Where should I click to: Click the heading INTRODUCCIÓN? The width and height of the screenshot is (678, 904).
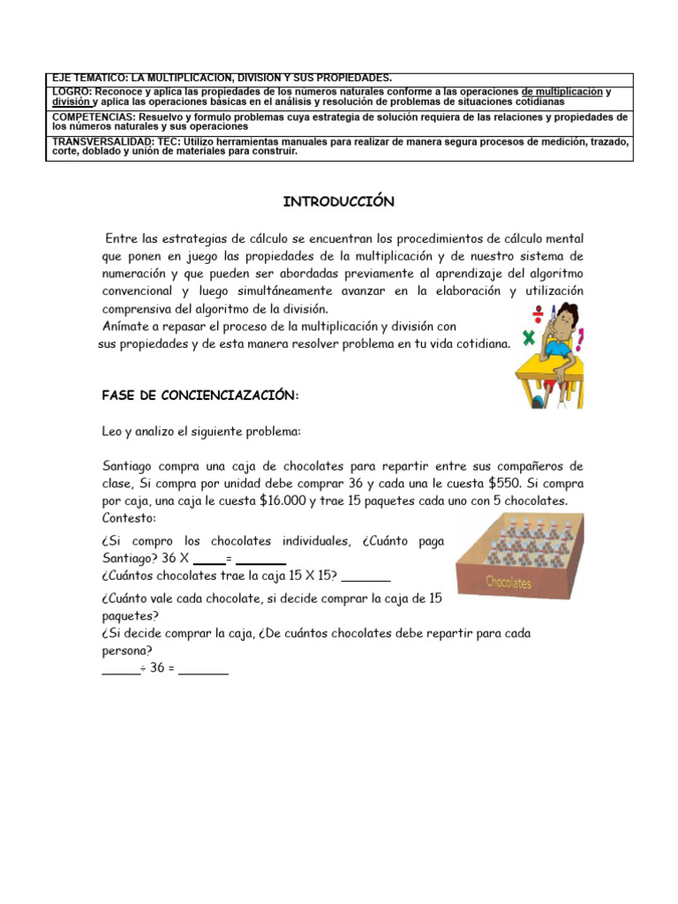click(x=338, y=202)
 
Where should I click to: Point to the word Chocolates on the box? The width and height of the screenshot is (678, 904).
click(x=508, y=583)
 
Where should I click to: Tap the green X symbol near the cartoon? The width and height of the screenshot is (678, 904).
click(x=530, y=336)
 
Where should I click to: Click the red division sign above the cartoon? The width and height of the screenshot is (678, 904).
click(x=535, y=312)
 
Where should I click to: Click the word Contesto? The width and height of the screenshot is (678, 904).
click(x=129, y=517)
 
